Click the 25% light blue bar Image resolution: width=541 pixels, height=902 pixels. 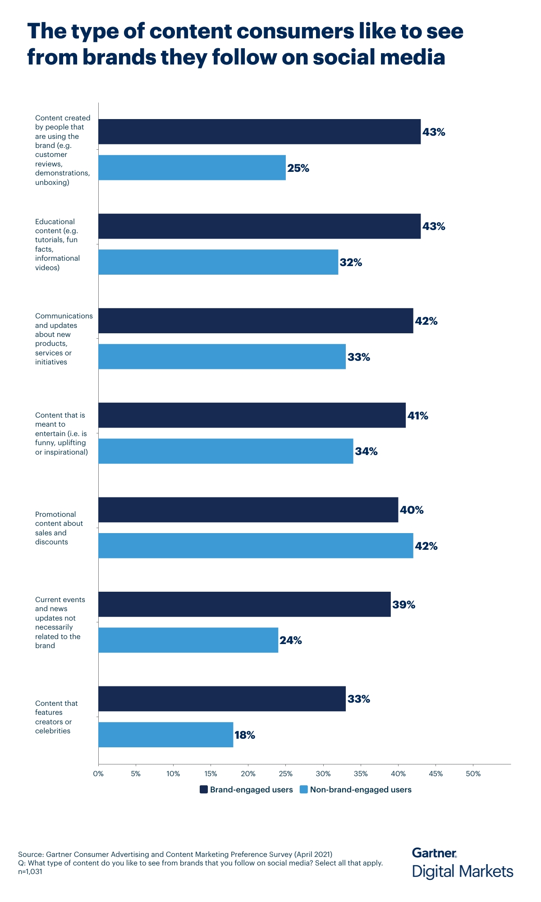coord(192,168)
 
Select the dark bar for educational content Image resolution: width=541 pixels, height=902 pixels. coord(259,226)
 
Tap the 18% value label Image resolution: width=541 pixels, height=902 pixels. coord(245,735)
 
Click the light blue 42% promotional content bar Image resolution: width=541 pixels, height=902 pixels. coord(256,546)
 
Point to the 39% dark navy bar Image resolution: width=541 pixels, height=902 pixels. coord(244,604)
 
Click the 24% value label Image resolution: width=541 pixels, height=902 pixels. coord(291,640)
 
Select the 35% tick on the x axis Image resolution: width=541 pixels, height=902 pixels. coord(361,774)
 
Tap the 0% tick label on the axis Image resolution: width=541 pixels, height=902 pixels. coord(98,774)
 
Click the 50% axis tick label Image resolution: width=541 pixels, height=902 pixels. coord(473,774)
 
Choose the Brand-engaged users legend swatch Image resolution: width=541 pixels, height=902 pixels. coord(204,790)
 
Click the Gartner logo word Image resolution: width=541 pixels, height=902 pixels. coord(434,853)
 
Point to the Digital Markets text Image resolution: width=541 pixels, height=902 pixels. coord(463,871)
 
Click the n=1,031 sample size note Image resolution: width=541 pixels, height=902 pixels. coord(30,872)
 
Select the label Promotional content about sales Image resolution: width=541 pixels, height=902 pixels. coord(59,528)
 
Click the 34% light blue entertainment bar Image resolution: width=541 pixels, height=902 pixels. coord(225,451)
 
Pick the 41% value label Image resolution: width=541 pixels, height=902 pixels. coord(418,415)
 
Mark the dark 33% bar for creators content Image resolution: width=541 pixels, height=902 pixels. coord(222,699)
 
